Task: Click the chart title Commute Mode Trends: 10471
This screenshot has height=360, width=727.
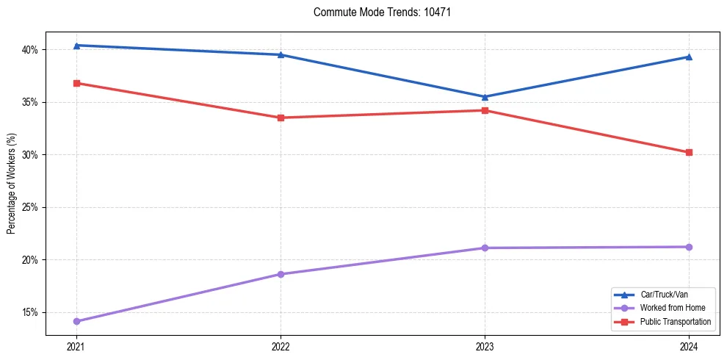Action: [376, 12]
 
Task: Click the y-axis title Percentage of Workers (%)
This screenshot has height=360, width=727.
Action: [11, 184]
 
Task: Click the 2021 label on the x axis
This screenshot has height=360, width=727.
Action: [76, 346]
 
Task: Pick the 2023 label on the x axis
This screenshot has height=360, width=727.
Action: [485, 346]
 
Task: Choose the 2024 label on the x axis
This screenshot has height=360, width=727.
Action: [689, 346]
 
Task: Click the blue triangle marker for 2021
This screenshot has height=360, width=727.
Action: [76, 46]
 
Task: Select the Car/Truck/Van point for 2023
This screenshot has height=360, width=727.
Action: [485, 97]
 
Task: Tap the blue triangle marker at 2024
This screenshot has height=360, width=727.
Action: [689, 57]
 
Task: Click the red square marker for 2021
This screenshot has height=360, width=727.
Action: [76, 83]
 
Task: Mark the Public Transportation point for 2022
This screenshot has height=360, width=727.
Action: [281, 118]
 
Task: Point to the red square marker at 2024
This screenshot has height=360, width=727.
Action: [689, 153]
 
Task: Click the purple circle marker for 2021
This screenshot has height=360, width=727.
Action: [76, 321]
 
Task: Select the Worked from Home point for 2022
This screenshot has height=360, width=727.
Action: [281, 274]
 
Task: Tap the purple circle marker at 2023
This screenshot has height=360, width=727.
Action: [485, 248]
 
